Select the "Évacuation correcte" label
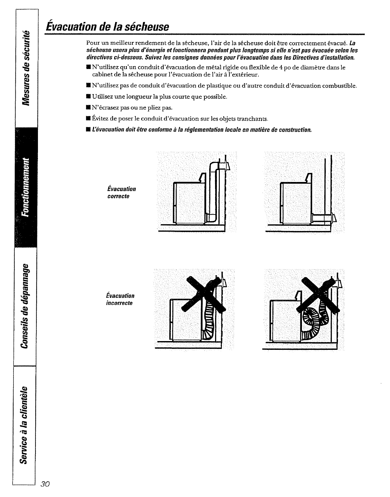pyautogui.click(x=121, y=193)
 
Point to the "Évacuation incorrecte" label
pyautogui.click(x=120, y=299)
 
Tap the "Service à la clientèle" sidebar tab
pyautogui.click(x=26, y=424)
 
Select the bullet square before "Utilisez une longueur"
pyautogui.click(x=89, y=97)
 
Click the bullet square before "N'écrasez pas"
pyautogui.click(x=89, y=108)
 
